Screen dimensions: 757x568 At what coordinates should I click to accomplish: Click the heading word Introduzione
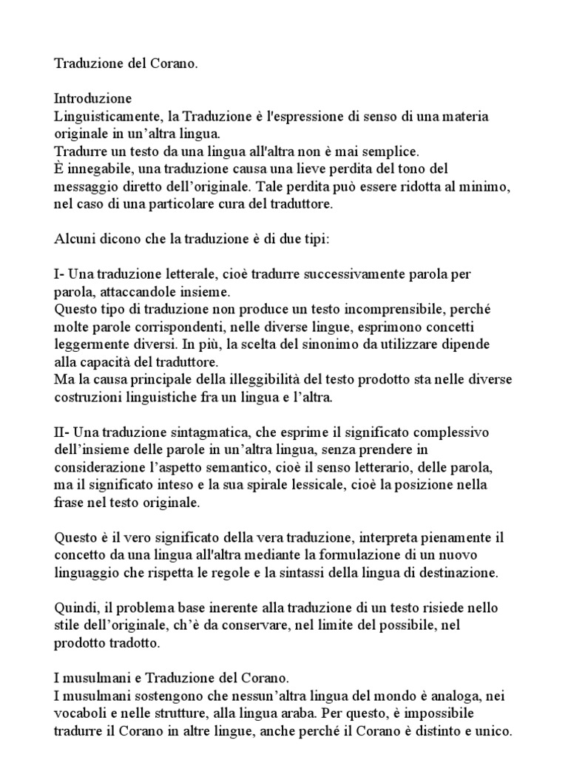[x=93, y=98]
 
